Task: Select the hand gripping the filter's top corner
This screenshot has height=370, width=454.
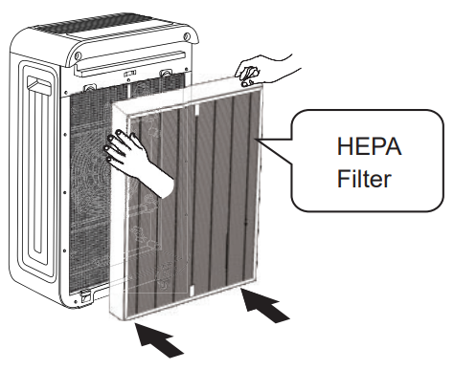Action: tap(252, 72)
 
